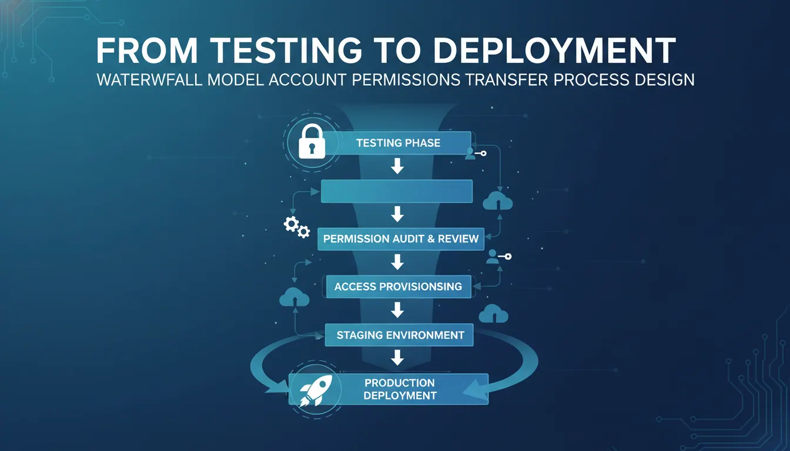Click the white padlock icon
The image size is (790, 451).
(x=312, y=142)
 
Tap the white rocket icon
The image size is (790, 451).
(x=316, y=391)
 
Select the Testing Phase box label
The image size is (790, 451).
(x=398, y=143)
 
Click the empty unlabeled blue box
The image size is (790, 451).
(x=397, y=191)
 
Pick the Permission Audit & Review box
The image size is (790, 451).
(x=401, y=239)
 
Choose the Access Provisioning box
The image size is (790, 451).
(x=399, y=287)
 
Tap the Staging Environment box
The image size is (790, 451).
(x=399, y=335)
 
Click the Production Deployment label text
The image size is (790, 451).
(x=400, y=389)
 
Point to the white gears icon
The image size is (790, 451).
(x=297, y=227)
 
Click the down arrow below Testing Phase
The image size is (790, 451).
(x=397, y=166)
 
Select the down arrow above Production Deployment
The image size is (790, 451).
(x=397, y=357)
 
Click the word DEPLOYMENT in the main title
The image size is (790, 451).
(x=554, y=51)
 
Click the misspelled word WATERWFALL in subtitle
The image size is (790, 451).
(x=149, y=80)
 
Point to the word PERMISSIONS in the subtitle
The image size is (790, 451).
(x=406, y=80)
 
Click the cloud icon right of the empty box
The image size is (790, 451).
(x=498, y=201)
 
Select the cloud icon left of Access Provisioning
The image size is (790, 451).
(x=294, y=297)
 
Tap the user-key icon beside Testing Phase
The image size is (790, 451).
(x=476, y=153)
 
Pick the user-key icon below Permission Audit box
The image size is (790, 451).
(x=498, y=257)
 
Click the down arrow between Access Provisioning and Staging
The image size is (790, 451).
(x=397, y=309)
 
